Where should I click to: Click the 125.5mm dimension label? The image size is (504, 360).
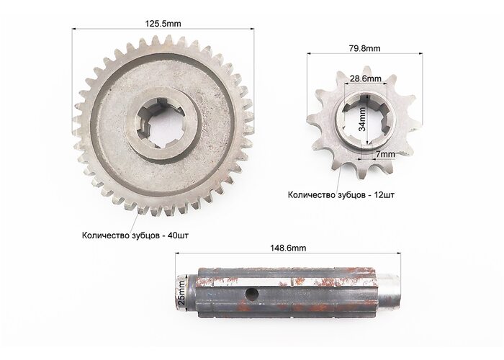(x=163, y=24)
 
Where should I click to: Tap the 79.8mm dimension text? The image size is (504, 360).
(x=364, y=48)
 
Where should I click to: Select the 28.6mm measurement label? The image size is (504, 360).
(x=366, y=78)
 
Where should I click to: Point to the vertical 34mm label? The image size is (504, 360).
(x=362, y=119)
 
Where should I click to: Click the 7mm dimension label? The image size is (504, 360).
(x=386, y=155)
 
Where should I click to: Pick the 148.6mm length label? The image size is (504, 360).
(x=288, y=248)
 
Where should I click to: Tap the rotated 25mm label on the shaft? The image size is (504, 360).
(x=181, y=292)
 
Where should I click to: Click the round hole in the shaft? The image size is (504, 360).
(x=252, y=293)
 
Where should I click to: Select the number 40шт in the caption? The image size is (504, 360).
(x=178, y=235)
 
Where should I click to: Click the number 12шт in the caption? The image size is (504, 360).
(x=384, y=195)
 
